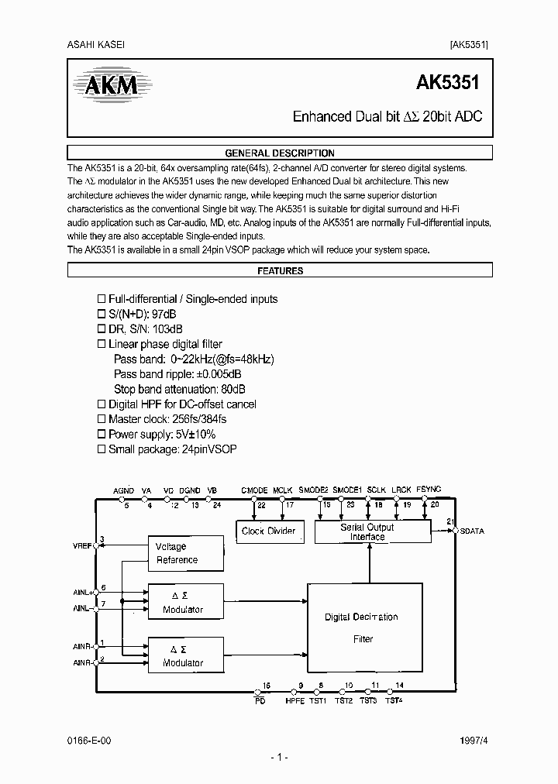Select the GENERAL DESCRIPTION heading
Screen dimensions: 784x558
[279, 153]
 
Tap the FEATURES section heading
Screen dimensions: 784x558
[279, 271]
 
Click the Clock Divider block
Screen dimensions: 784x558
[269, 531]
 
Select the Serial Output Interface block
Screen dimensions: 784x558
[367, 531]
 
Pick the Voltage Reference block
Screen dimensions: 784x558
[177, 553]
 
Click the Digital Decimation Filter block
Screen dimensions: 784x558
[362, 628]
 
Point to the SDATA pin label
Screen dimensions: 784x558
[472, 531]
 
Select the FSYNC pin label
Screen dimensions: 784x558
[429, 490]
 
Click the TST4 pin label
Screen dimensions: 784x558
[394, 701]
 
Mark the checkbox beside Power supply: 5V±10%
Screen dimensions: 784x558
[100, 434]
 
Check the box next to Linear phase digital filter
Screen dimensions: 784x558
[100, 344]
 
